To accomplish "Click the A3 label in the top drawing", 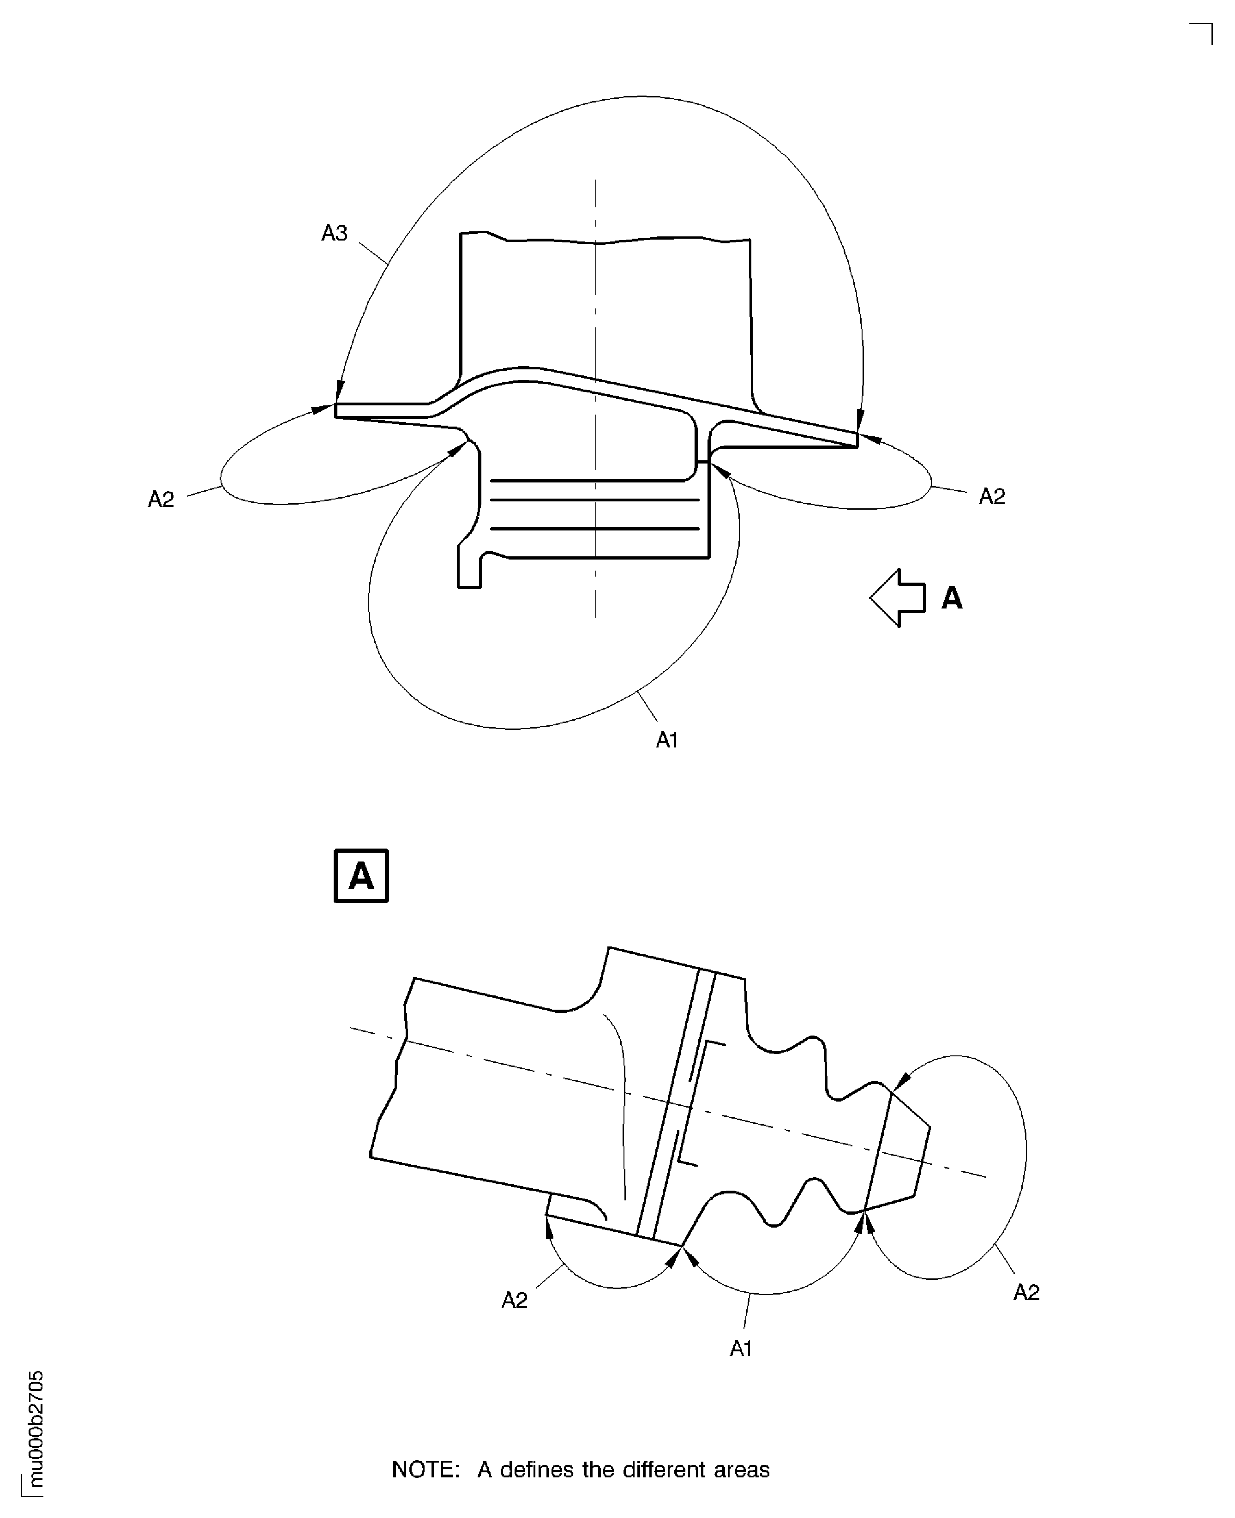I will (x=334, y=233).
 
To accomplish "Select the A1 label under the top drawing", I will (x=666, y=740).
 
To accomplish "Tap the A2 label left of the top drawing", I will (x=161, y=500).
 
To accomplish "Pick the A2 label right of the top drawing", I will (x=992, y=496).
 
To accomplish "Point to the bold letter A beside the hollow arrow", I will (x=952, y=598).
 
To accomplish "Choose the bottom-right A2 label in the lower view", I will (x=1026, y=1292).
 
